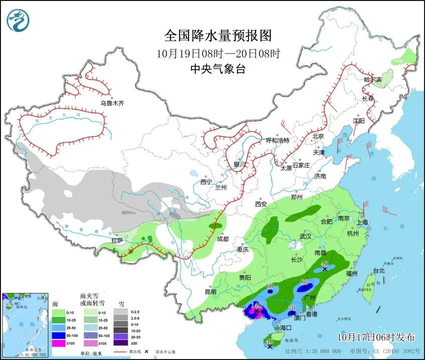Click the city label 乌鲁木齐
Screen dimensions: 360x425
tap(111, 104)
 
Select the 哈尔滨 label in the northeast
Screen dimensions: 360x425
tap(372, 80)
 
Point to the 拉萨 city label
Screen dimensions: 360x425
tap(117, 241)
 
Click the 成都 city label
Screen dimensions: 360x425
tap(223, 239)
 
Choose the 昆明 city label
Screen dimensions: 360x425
tap(210, 292)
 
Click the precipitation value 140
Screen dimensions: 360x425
tap(256, 305)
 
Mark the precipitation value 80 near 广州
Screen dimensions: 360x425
tap(303, 283)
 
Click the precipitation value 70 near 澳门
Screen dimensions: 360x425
tap(292, 307)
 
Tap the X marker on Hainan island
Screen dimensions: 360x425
tap(270, 346)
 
